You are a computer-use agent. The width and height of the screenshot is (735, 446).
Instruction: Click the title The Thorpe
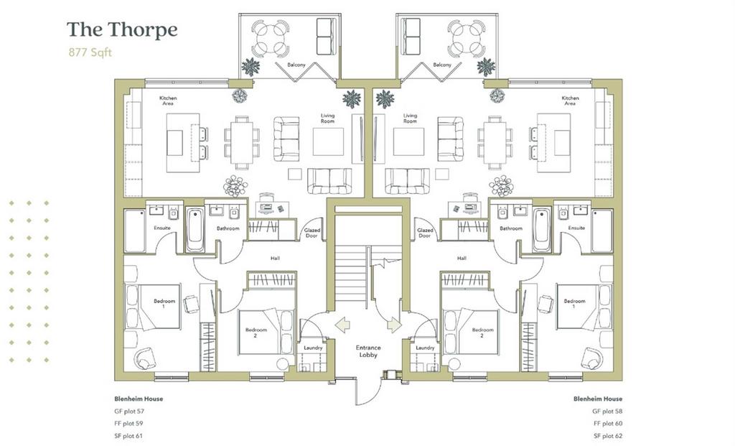point(122,30)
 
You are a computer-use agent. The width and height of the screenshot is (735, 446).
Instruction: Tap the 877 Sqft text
point(90,52)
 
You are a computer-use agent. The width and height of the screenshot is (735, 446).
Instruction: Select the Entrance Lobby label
point(368,351)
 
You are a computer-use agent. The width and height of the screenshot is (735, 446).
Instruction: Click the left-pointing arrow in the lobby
point(342,324)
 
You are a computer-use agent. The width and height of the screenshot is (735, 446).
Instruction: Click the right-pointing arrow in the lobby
point(394,324)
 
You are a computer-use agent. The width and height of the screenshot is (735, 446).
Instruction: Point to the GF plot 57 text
point(129,412)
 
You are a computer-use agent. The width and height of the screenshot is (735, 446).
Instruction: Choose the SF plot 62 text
point(608,436)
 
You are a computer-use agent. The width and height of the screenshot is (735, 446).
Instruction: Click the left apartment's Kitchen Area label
point(168,101)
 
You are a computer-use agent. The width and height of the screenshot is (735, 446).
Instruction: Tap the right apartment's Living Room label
point(410,119)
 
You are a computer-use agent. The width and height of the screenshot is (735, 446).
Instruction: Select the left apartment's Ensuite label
point(162,228)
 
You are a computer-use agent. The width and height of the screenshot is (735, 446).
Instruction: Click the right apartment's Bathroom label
point(511,228)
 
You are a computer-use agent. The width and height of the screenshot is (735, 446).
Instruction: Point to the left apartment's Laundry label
point(313,348)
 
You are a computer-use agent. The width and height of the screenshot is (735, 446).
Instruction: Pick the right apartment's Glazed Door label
point(425,233)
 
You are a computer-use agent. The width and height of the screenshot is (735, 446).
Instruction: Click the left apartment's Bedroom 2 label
point(256,333)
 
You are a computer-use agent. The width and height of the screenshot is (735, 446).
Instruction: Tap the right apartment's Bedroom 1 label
point(575,303)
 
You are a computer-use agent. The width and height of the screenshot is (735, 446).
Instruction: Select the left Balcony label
point(296,65)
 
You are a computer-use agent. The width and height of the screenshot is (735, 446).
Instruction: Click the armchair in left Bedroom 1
point(144,358)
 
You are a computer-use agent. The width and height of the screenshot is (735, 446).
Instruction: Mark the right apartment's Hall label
point(462,259)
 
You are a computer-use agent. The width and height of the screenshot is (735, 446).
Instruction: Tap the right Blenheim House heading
point(598,399)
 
